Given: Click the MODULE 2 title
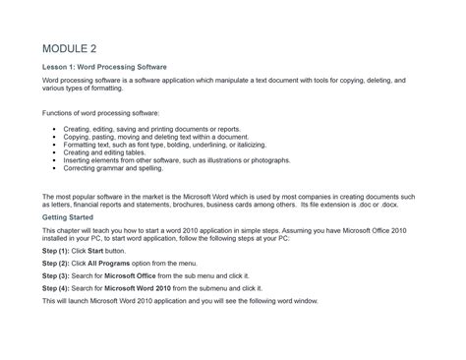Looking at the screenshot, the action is (x=69, y=48).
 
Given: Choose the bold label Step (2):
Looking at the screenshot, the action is (x=56, y=264).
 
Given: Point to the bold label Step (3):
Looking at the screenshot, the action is (x=56, y=276).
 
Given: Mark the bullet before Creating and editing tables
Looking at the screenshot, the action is (x=53, y=152).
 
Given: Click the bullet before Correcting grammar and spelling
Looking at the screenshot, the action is (x=53, y=167).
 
